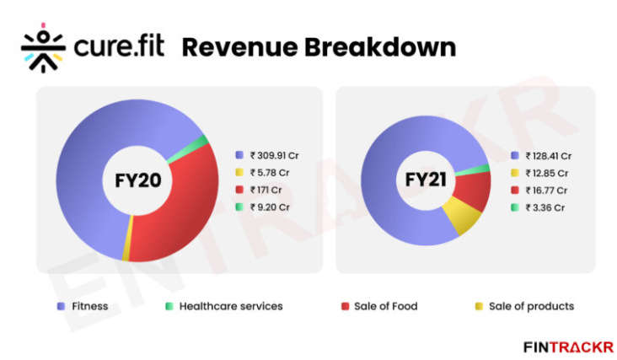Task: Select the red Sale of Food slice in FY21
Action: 477,192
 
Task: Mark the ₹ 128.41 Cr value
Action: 548,155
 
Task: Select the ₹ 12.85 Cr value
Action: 545,173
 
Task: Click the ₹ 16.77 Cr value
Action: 545,190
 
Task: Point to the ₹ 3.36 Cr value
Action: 544,207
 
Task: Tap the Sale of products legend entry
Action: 523,306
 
